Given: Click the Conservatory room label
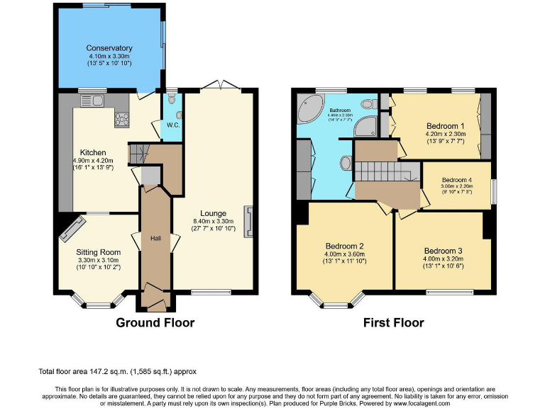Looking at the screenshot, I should tap(110, 48).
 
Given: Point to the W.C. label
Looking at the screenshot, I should tap(172, 125).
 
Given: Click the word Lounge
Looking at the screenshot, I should tap(213, 213).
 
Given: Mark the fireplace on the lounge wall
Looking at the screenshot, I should tap(248, 220).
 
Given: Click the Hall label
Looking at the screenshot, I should tap(155, 239).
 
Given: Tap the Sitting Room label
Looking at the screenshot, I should tap(99, 252).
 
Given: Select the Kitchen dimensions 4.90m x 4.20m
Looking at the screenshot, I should tap(93, 161).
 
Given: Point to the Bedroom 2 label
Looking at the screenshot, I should tap(345, 246).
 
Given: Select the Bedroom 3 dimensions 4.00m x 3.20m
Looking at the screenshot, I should tap(444, 259).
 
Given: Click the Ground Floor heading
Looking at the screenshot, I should tap(155, 323).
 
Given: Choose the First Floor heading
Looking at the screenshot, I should tap(394, 323).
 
